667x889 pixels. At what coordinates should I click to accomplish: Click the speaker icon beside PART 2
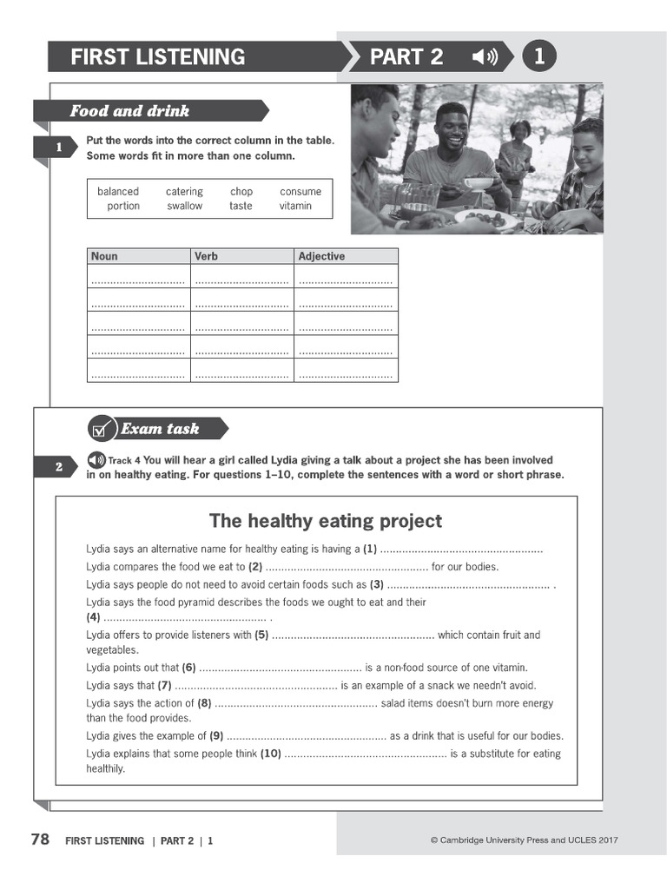(x=485, y=57)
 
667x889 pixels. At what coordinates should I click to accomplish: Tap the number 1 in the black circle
(x=539, y=57)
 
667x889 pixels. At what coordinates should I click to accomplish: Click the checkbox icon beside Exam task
(x=102, y=429)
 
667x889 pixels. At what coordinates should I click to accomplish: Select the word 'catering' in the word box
(x=184, y=192)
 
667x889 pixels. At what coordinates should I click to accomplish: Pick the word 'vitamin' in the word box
(x=295, y=207)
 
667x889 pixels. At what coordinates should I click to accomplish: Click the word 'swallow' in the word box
(x=184, y=207)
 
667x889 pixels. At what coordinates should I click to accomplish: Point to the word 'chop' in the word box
(x=241, y=192)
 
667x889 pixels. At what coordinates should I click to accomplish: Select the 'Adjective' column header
(x=321, y=256)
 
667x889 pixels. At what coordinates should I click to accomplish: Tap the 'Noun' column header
(x=104, y=256)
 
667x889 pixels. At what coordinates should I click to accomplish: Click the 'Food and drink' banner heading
(x=129, y=111)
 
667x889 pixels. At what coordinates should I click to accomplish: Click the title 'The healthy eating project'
(x=325, y=521)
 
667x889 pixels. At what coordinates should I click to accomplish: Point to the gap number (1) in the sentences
(x=370, y=549)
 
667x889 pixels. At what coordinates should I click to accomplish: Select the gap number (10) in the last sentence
(x=270, y=754)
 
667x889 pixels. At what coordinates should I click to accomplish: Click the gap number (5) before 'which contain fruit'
(x=261, y=635)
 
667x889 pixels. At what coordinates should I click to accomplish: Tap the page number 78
(x=40, y=840)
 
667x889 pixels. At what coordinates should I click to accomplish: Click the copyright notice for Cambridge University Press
(x=524, y=840)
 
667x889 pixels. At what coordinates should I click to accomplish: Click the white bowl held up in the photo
(x=478, y=184)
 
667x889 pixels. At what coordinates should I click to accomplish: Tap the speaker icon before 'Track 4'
(x=96, y=460)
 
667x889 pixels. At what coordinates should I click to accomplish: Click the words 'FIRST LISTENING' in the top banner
(x=157, y=57)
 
